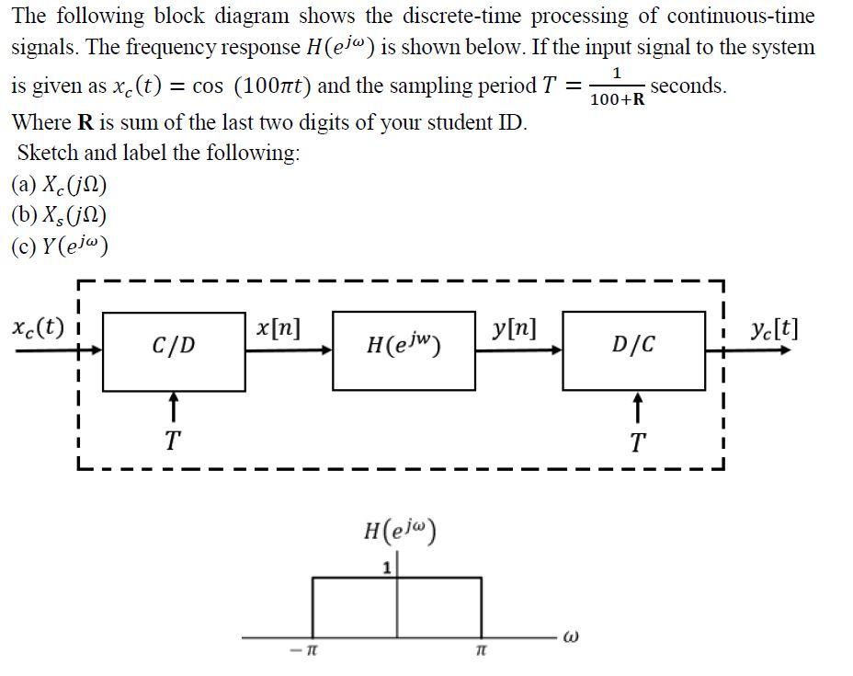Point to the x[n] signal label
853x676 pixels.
pyautogui.click(x=277, y=327)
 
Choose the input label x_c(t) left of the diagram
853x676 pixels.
pyautogui.click(x=38, y=327)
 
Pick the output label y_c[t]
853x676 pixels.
pyautogui.click(x=773, y=328)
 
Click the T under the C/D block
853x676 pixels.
pyautogui.click(x=172, y=442)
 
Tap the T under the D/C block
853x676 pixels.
pyautogui.click(x=637, y=442)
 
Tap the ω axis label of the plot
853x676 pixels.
pyautogui.click(x=572, y=636)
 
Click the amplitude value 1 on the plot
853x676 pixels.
pyautogui.click(x=387, y=568)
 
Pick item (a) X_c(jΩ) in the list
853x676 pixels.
pyautogui.click(x=60, y=185)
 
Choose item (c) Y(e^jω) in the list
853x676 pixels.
pyautogui.click(x=61, y=246)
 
